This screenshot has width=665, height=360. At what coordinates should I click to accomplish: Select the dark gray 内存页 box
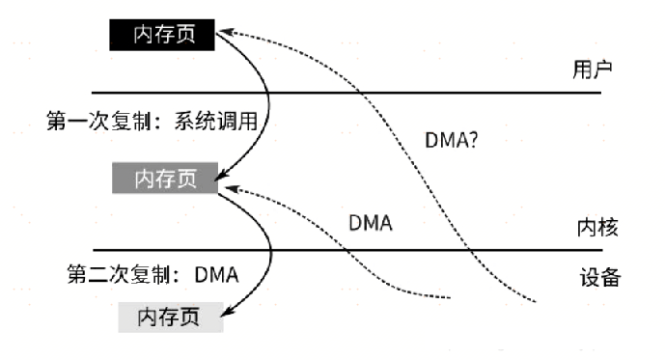click(x=164, y=180)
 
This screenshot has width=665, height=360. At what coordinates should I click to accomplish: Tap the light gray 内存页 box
click(x=171, y=318)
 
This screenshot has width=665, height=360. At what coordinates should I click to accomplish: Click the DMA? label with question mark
click(x=454, y=139)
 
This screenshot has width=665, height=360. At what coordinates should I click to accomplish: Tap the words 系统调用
click(x=219, y=122)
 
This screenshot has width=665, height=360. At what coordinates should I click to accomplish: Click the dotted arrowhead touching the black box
click(x=228, y=33)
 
